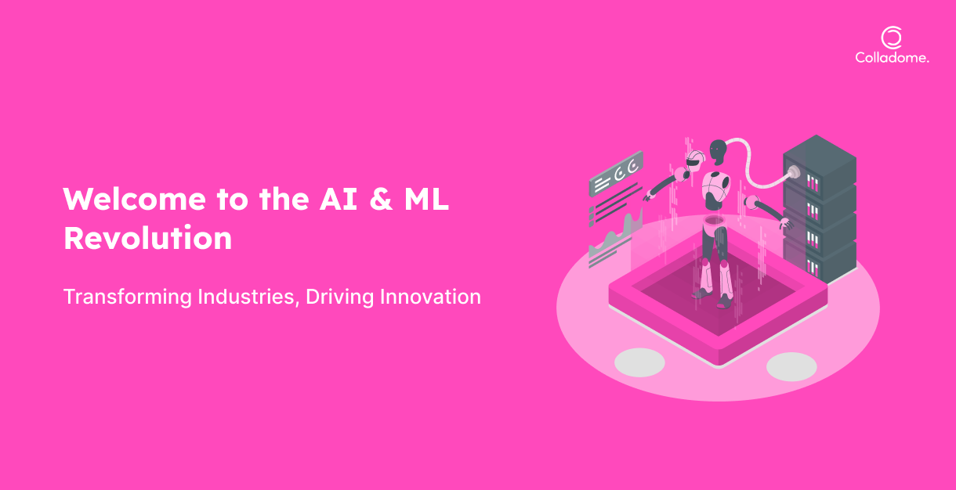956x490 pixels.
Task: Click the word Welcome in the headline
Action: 135,199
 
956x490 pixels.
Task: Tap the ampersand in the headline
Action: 381,199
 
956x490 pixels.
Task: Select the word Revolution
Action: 147,238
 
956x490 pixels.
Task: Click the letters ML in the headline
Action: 426,199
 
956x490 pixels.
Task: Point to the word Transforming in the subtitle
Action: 128,297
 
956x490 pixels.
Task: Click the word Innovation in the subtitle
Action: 430,297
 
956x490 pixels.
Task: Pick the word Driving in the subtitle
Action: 340,297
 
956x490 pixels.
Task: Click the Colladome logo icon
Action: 892,38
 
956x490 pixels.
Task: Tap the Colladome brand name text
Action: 892,58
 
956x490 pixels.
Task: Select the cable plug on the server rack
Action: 793,173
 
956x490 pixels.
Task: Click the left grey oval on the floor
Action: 639,362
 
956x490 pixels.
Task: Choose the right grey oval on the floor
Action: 791,367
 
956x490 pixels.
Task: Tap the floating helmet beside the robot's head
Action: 695,160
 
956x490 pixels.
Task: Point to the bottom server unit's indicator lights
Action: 813,268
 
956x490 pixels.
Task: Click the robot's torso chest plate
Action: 715,184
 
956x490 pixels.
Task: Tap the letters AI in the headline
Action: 339,199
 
